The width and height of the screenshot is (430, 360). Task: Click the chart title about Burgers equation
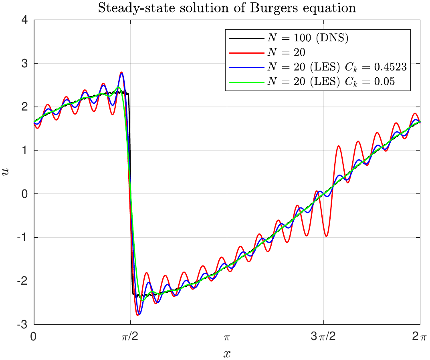pos(227,8)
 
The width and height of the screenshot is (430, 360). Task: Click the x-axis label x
pos(227,353)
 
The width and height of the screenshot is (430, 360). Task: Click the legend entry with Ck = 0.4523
pos(337,68)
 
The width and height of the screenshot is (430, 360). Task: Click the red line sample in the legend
pos(246,53)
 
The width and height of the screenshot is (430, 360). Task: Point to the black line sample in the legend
pos(246,39)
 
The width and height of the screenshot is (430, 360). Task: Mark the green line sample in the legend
pos(246,82)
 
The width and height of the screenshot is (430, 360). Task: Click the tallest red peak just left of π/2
pos(121,73)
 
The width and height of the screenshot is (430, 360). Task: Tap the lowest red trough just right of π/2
pos(137,315)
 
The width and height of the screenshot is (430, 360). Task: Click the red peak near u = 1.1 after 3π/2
pos(339,146)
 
